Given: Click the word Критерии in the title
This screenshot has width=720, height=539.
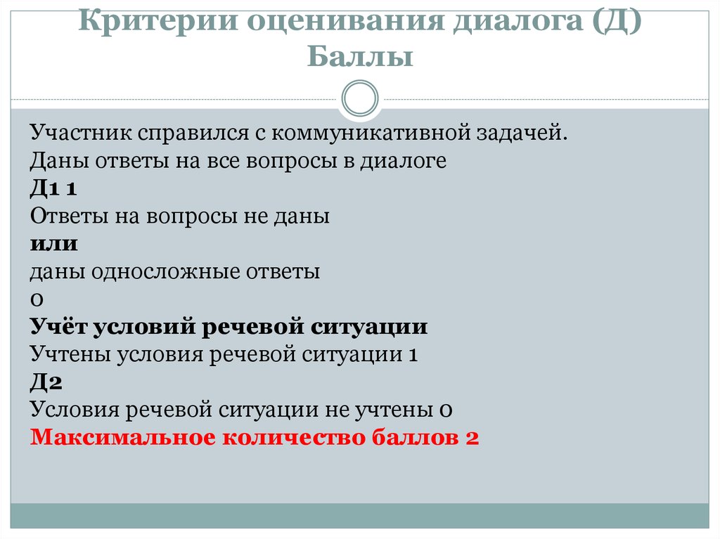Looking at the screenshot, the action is point(158,20).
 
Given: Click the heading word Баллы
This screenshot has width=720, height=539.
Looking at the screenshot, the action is point(360,56).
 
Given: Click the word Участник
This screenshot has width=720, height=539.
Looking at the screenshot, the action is point(81,133).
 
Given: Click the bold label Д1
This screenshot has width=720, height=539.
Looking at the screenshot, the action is point(45,188).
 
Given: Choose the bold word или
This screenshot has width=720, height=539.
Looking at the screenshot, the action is point(53,244).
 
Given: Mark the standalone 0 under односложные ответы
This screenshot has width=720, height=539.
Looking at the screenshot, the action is point(37,299).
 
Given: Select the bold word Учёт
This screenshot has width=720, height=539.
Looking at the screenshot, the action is point(58,327).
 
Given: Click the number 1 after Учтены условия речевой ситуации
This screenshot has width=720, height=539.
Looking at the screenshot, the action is point(413,355).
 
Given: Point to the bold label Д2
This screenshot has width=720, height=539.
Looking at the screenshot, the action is point(46,382).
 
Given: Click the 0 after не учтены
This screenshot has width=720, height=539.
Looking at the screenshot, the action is point(445,410).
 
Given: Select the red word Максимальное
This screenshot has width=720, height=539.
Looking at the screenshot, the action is point(123,437).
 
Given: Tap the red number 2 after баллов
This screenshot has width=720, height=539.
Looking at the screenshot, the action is point(472,438).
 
